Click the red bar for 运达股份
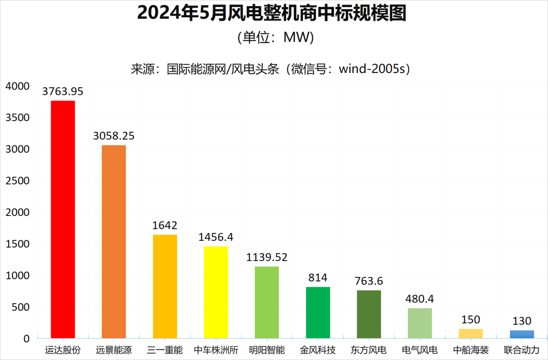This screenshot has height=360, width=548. point(63,219)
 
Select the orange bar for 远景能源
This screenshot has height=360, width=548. point(114,241)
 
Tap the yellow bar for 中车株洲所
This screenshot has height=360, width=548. point(216,292)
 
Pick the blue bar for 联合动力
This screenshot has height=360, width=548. point(522,334)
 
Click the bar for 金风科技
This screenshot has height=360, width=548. point(318,312)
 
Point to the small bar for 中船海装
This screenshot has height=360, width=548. point(470,333)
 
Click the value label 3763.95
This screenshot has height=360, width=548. point(63,92)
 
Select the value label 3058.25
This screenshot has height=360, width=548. point(114,136)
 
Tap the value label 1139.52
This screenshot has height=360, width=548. point(267,257)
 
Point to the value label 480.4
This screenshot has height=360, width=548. point(420,299)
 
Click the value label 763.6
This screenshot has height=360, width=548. point(369,281)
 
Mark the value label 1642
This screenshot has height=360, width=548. point(165,225)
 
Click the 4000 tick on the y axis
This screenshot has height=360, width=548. point(18,86)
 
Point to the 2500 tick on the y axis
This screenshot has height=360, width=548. point(18,181)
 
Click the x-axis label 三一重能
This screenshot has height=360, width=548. point(165,350)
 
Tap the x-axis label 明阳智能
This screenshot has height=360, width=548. point(267,350)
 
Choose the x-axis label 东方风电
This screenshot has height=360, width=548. point(369,350)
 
